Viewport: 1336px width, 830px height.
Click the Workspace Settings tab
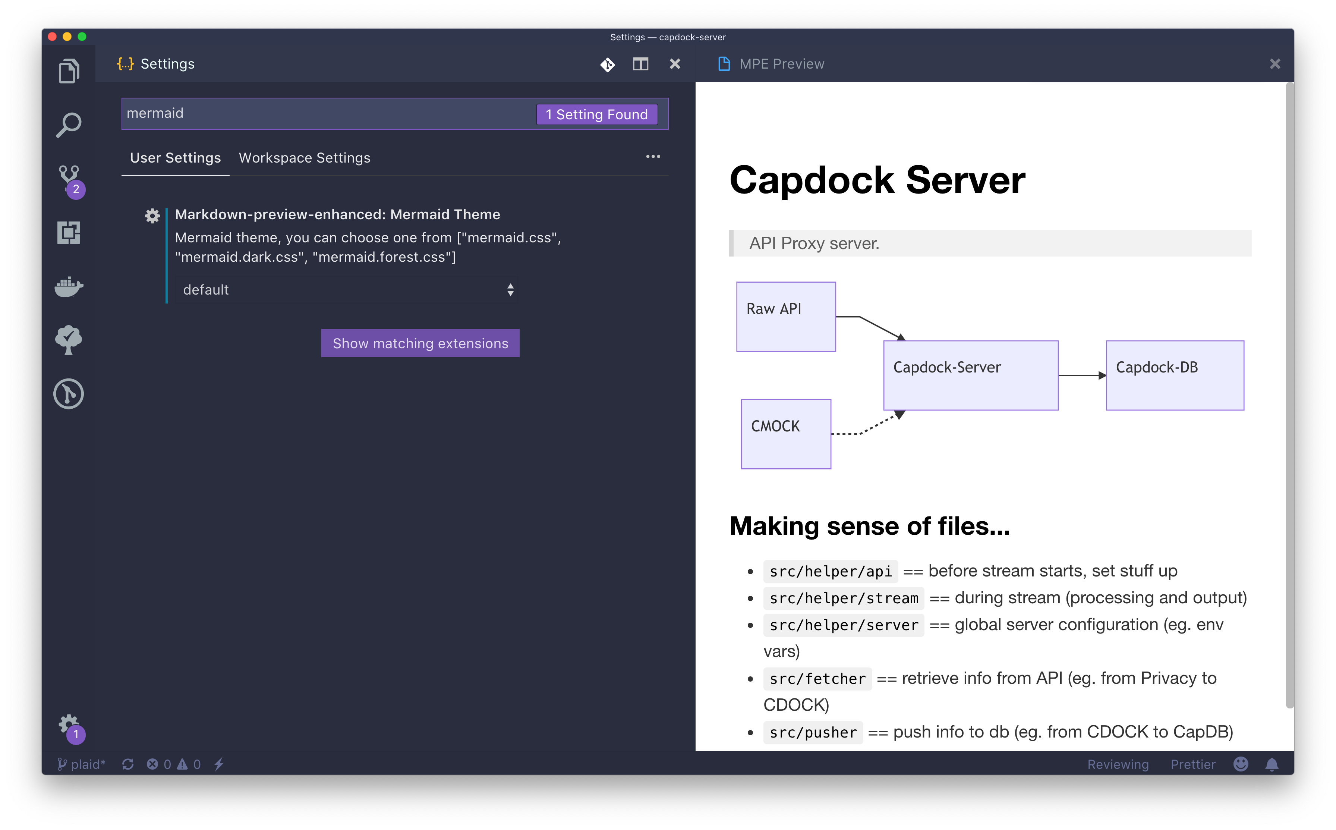[x=305, y=158]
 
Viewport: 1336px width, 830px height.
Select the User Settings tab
[x=175, y=158]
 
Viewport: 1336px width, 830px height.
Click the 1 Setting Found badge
[x=596, y=114]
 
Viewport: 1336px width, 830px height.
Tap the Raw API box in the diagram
[x=786, y=317]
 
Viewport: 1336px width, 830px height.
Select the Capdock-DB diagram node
[x=1175, y=375]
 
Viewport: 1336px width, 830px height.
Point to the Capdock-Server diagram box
[x=971, y=375]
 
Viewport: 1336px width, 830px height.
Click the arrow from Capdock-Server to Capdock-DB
[x=1082, y=375]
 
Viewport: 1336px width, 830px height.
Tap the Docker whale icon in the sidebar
[x=69, y=286]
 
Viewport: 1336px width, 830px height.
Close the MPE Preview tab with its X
[x=1274, y=64]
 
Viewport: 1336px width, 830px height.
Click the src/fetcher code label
[x=817, y=679]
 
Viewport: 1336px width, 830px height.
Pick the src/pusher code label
[x=813, y=733]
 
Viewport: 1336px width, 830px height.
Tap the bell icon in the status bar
[x=1272, y=764]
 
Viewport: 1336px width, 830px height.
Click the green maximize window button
[x=82, y=37]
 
